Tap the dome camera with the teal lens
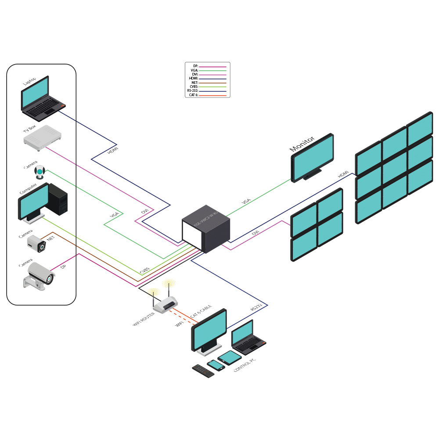41,173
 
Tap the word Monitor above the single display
302,144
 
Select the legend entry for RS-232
207,91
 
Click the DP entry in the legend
207,66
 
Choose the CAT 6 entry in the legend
207,95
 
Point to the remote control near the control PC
203,371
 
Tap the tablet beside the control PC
227,357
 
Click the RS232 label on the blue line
256,307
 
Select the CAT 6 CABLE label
201,311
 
